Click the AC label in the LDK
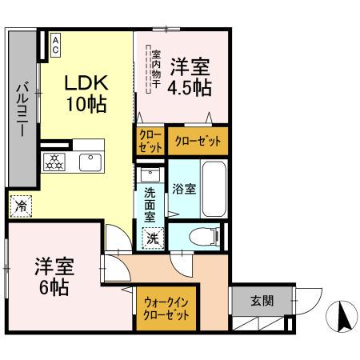tap(56, 44)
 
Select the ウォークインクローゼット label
tap(167, 308)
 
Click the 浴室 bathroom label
tap(183, 189)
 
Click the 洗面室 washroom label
tap(150, 204)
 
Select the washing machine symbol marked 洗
tap(151, 237)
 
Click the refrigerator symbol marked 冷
tap(22, 206)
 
